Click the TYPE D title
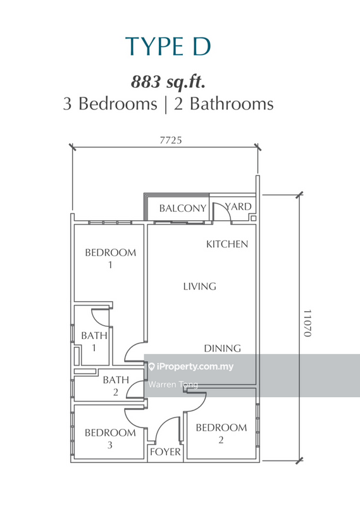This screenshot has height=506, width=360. click(168, 46)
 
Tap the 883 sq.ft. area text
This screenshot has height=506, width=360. click(168, 82)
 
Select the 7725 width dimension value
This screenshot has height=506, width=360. click(171, 140)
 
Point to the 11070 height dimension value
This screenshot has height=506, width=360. click(307, 323)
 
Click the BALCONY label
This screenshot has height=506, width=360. click(183, 209)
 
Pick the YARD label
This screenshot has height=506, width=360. click(239, 207)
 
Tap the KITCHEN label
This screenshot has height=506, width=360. click(227, 244)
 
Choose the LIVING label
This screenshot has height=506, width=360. click(200, 287)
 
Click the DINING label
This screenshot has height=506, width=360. click(223, 349)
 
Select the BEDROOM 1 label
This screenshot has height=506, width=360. click(111, 259)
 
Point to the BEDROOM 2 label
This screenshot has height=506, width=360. click(221, 434)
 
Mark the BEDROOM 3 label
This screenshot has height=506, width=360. click(110, 439)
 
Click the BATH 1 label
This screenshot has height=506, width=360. click(94, 342)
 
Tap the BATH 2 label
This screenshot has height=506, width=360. click(116, 386)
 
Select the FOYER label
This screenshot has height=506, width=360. click(165, 452)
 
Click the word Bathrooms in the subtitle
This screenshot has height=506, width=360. click(232, 104)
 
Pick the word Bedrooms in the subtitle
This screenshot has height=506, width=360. click(118, 104)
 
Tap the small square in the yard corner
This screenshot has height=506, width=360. click(254, 218)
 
